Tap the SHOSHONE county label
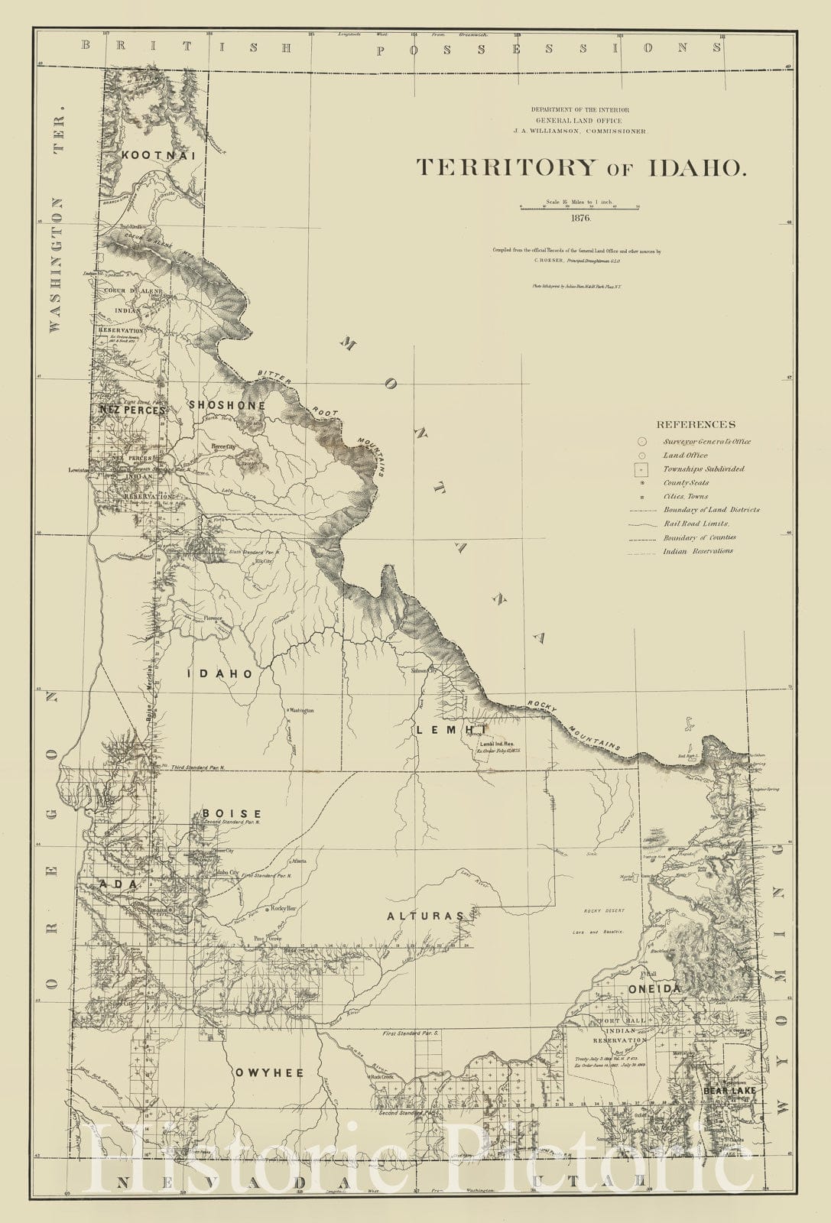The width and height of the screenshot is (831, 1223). [x=227, y=405]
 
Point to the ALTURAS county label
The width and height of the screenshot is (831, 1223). [x=425, y=916]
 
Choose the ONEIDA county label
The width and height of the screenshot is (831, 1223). [x=654, y=989]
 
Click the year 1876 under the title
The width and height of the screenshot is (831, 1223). [x=579, y=218]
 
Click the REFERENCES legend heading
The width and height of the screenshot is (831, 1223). [x=696, y=425]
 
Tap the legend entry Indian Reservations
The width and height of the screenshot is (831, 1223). [x=697, y=551]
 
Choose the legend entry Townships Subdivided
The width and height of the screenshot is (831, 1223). [x=703, y=469]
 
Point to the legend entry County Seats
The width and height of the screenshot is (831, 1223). [x=686, y=483]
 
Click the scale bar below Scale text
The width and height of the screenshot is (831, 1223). [x=579, y=207]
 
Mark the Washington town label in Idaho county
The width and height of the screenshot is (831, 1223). [x=301, y=711]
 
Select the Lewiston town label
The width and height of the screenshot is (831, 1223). [x=78, y=470]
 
